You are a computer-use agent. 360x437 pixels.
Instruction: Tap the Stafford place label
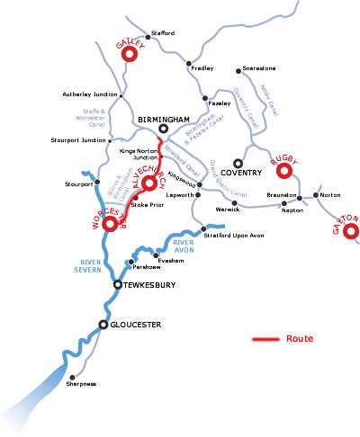[x=163, y=33]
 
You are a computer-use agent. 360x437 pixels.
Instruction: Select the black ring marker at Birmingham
[x=164, y=129]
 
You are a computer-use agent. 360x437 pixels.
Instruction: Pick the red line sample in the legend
[x=265, y=340]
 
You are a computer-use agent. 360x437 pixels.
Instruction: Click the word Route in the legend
[x=301, y=339]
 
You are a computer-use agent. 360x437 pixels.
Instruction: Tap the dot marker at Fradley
[x=188, y=64]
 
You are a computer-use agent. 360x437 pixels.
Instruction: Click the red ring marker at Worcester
[x=111, y=223]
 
